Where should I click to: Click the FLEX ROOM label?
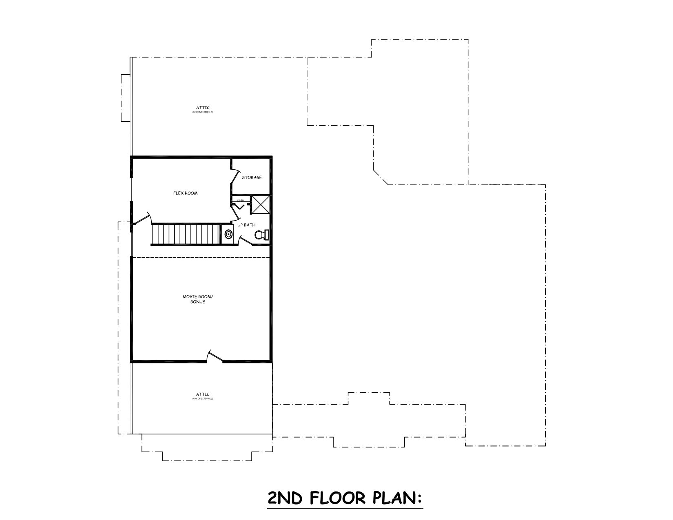(x=185, y=193)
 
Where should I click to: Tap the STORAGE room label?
(x=252, y=177)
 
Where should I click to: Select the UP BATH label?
(x=246, y=225)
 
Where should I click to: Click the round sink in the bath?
(x=228, y=235)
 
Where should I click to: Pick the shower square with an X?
(x=260, y=205)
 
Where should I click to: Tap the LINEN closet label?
(x=240, y=201)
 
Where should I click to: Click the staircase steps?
(x=186, y=235)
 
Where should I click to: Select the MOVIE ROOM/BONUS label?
(x=198, y=299)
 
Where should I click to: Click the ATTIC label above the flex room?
(x=203, y=108)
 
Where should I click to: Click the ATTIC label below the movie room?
(x=203, y=394)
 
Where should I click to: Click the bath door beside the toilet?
(x=245, y=242)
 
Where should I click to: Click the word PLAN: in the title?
(x=398, y=498)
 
